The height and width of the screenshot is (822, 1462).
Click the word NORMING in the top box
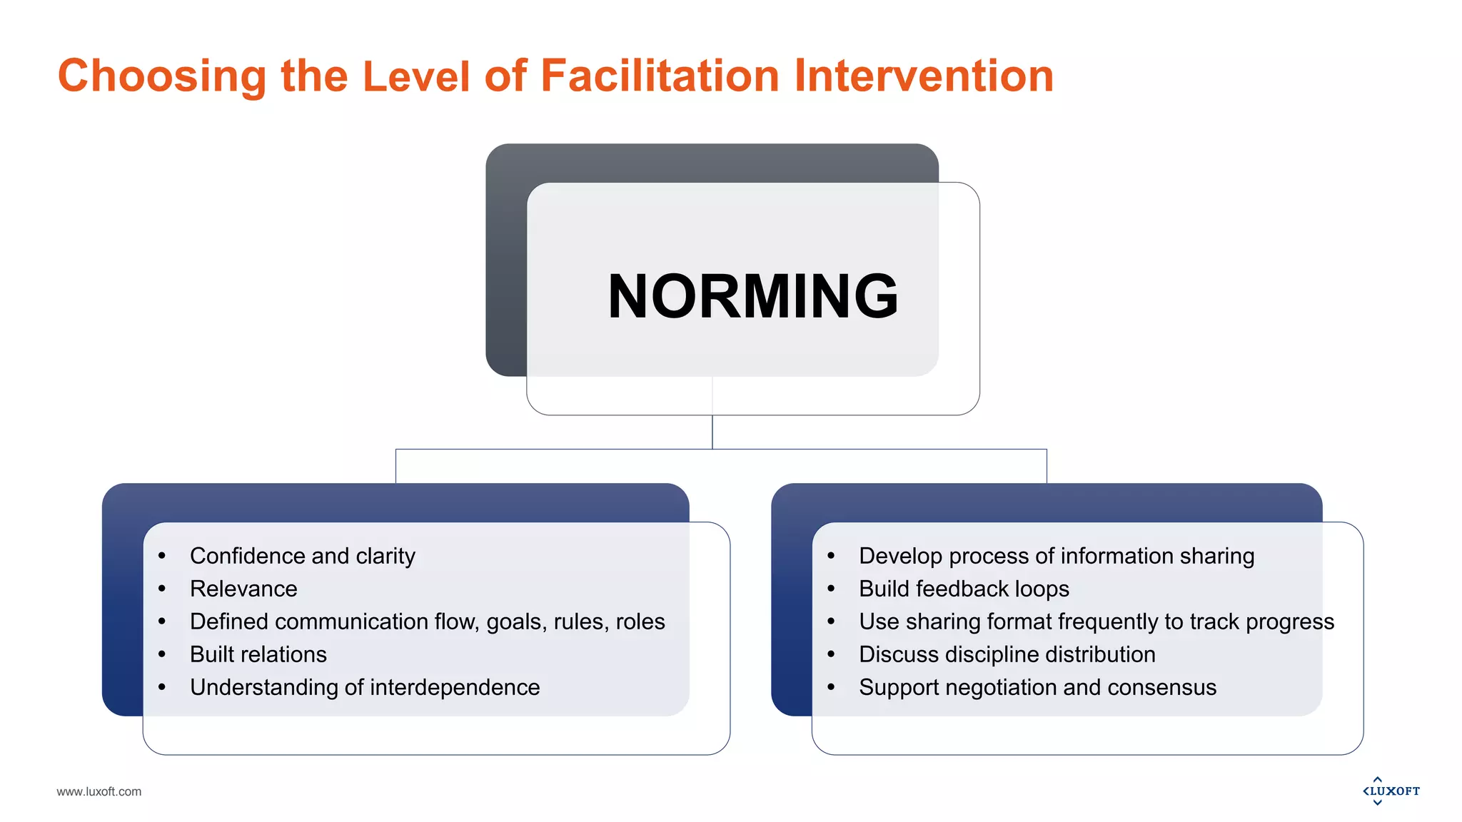pyautogui.click(x=752, y=296)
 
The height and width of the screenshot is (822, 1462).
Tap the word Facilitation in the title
pyautogui.click(x=660, y=76)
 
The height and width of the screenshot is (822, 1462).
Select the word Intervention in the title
pyautogui.click(x=924, y=76)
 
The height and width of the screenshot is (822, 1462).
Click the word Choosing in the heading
pyautogui.click(x=162, y=77)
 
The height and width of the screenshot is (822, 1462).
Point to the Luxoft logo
pyautogui.click(x=1391, y=791)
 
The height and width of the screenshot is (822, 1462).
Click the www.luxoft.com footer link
pyautogui.click(x=99, y=791)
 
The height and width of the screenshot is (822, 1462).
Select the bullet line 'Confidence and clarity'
pyautogui.click(x=302, y=556)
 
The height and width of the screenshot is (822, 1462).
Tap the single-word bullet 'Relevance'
pyautogui.click(x=243, y=589)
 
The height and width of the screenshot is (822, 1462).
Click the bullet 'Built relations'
pyautogui.click(x=258, y=654)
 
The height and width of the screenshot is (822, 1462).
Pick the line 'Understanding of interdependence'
pyautogui.click(x=365, y=687)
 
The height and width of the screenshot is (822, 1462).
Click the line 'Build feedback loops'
pyautogui.click(x=964, y=589)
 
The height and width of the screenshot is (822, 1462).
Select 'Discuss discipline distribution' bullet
pyautogui.click(x=1007, y=654)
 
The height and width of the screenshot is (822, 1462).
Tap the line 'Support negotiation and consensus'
pyautogui.click(x=1037, y=687)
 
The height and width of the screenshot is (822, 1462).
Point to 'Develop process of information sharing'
pyautogui.click(x=1057, y=556)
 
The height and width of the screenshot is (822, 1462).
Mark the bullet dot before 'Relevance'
pyautogui.click(x=162, y=589)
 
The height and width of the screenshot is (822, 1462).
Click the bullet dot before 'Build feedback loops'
pyautogui.click(x=831, y=589)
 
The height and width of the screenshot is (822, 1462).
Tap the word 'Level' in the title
pyautogui.click(x=417, y=76)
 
